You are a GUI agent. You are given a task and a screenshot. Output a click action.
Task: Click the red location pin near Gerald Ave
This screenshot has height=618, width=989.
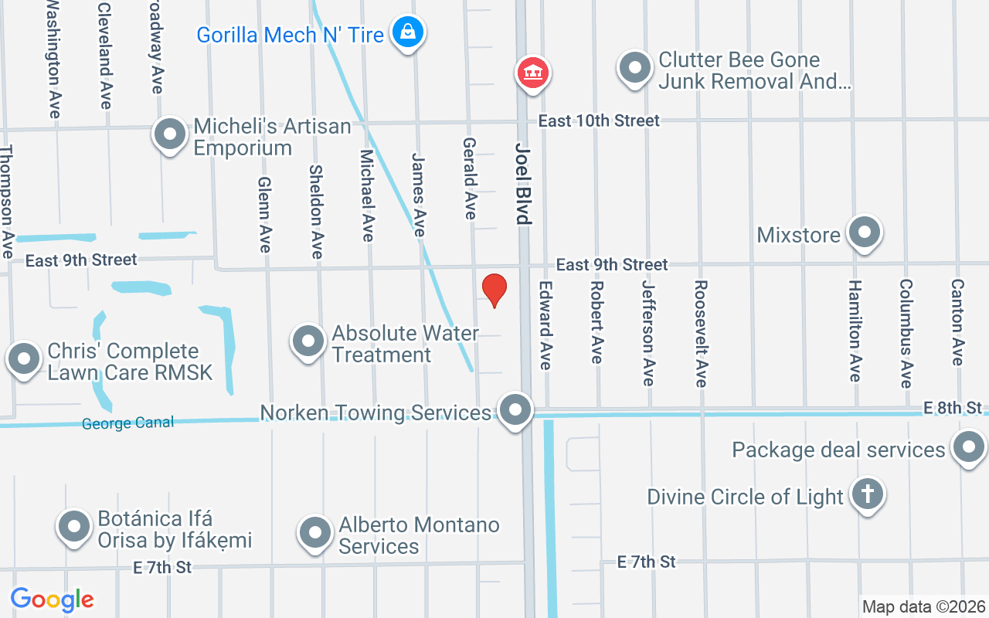494,290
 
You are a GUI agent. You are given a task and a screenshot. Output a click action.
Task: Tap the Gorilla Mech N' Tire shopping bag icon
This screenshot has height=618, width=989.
406,32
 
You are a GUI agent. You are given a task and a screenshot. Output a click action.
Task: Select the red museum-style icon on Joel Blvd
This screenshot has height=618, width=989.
532,73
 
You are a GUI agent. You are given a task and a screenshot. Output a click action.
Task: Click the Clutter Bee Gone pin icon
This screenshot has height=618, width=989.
634,68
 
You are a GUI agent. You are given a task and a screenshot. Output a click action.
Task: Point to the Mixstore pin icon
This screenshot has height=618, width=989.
864,232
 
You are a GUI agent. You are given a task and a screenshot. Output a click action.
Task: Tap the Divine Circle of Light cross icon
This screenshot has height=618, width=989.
867,494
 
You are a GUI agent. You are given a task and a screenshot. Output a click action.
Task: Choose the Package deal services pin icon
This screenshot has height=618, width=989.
968,447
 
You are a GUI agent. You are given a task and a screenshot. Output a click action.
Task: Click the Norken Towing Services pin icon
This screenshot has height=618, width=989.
515,409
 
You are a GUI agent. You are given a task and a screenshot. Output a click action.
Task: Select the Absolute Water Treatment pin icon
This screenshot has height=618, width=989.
308,341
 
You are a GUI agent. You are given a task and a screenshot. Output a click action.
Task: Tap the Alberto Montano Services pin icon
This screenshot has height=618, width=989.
314,532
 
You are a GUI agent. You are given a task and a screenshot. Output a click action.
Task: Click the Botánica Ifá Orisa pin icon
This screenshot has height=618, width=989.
74,527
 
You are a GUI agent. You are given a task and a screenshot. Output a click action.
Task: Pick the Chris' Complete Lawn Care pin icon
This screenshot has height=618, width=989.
24,359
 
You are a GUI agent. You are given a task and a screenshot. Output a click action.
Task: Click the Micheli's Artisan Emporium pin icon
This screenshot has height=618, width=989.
170,134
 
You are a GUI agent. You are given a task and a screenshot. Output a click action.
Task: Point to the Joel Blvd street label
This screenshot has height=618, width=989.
524,183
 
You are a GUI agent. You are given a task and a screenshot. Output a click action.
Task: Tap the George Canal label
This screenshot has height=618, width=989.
127,423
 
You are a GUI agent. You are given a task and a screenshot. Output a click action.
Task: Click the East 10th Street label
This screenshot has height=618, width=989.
599,121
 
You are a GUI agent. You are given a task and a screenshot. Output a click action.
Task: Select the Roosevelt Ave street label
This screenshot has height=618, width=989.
700,333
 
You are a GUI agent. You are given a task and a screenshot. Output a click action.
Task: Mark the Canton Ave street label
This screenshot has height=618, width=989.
957,322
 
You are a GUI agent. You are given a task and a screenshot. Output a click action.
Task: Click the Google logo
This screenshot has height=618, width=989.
52,599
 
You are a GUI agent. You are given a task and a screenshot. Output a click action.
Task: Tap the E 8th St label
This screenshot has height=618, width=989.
955,407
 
